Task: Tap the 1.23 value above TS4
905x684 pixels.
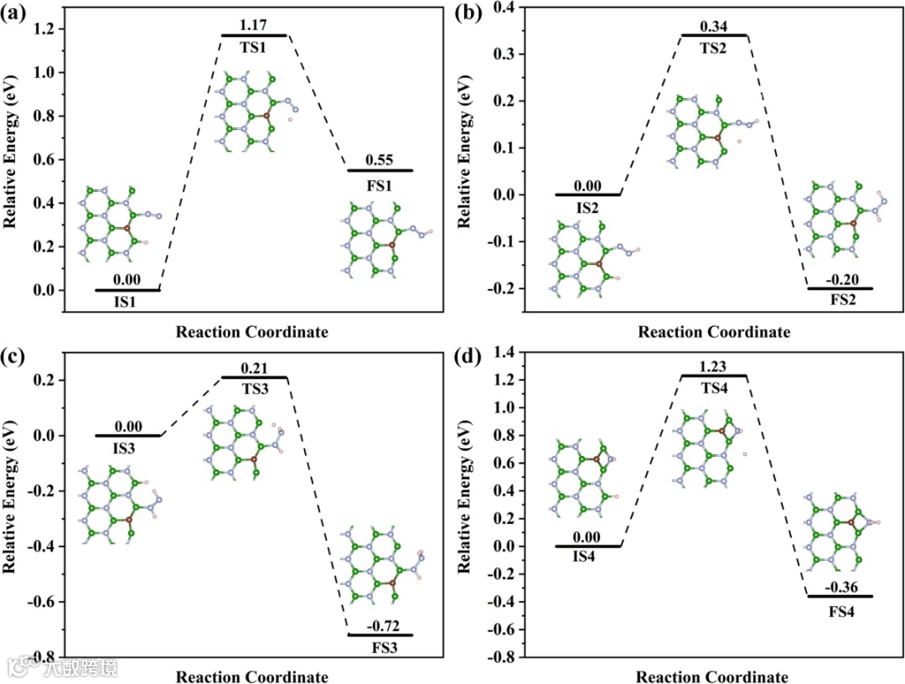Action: (713, 365)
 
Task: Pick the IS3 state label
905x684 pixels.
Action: (127, 448)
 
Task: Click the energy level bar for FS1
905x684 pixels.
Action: (380, 170)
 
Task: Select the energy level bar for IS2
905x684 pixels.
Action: (588, 194)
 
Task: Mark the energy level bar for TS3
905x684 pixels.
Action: (254, 377)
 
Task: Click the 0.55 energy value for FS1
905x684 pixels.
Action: (380, 159)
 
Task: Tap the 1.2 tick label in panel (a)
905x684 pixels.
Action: (44, 29)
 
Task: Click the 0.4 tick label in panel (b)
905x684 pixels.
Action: (505, 8)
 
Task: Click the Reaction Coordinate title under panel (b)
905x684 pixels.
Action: (713, 332)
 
